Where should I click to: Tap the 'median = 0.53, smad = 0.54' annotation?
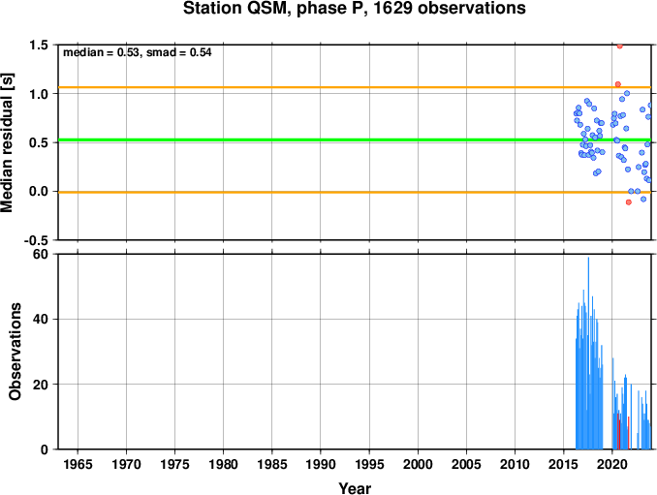137,52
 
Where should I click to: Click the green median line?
355,139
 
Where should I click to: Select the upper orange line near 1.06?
355,87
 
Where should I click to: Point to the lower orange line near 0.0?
355,192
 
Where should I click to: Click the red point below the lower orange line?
629,202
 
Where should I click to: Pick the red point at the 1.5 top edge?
620,46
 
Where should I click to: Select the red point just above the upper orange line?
617,84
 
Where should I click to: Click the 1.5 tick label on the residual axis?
39,45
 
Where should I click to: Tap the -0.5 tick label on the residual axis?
37,240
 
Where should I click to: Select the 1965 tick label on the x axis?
78,464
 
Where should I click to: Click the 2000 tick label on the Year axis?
418,464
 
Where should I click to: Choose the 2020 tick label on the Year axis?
612,464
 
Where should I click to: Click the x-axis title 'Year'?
355,488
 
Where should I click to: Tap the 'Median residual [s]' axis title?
7,142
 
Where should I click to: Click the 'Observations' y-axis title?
16,352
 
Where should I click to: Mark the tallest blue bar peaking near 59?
588,353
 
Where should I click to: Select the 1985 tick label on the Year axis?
272,464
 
